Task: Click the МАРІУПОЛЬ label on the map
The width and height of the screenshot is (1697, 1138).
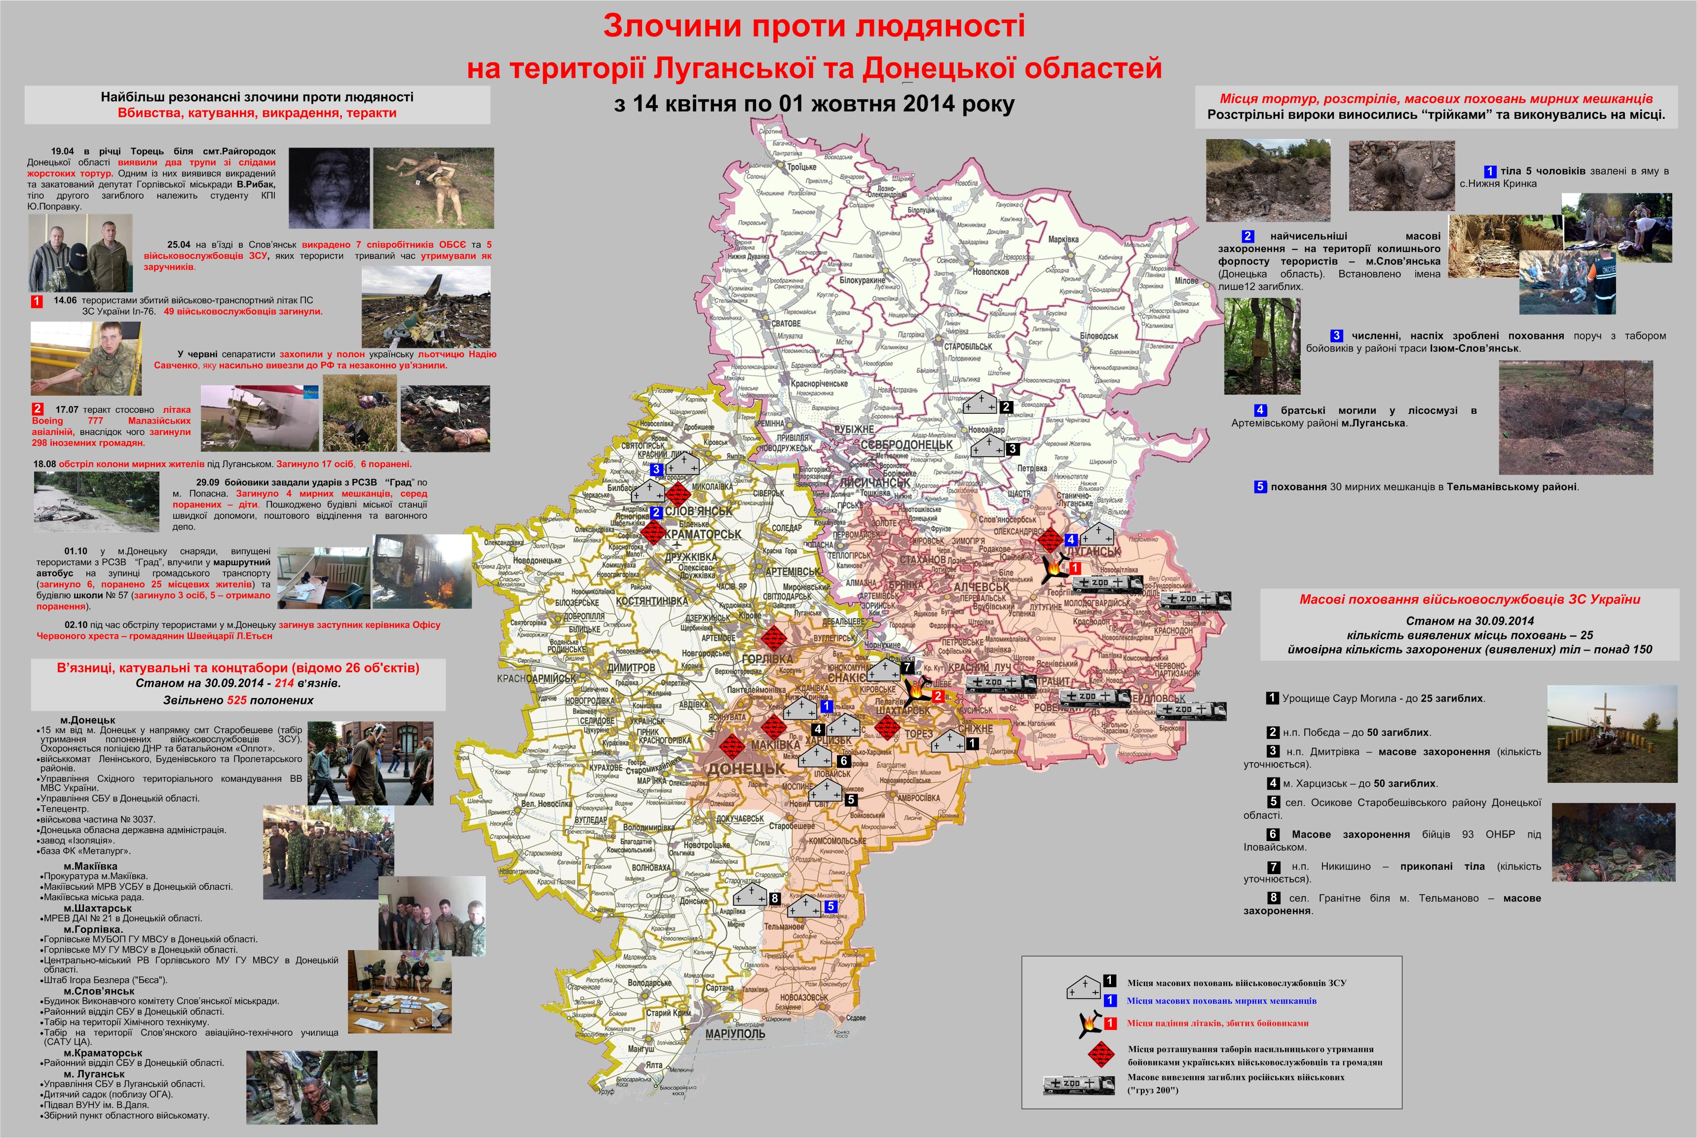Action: [x=735, y=1033]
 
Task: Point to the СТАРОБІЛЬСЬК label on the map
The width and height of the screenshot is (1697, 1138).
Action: [x=968, y=346]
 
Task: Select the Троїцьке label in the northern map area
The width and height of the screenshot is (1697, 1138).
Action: [x=801, y=167]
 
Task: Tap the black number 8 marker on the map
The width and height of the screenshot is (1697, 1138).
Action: [x=774, y=898]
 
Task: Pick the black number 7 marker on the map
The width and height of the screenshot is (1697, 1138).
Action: [x=906, y=667]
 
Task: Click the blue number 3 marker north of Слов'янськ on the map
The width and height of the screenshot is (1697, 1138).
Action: [x=656, y=469]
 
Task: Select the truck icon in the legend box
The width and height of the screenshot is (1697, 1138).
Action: [x=1079, y=1084]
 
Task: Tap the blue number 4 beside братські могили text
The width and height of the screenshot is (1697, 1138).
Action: [x=1260, y=410]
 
